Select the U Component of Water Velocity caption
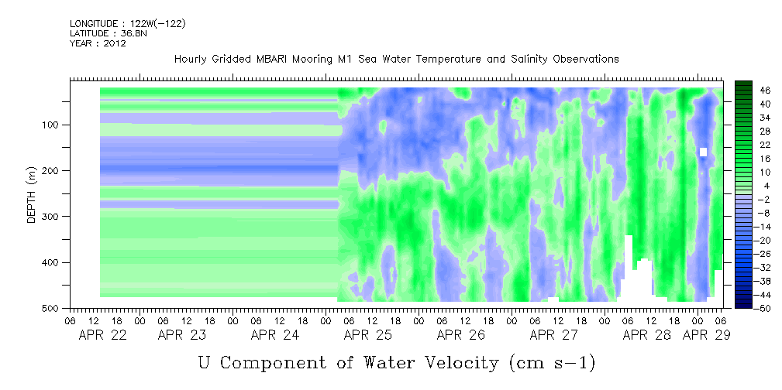(396, 362)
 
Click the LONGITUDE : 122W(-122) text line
(127, 24)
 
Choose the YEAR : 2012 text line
(98, 43)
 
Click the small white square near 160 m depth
(703, 152)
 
